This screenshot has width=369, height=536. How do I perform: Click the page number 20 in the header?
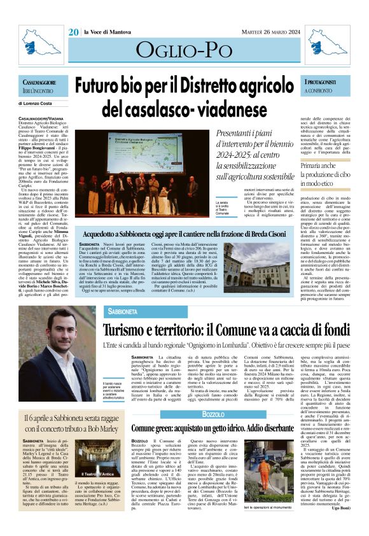73,32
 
